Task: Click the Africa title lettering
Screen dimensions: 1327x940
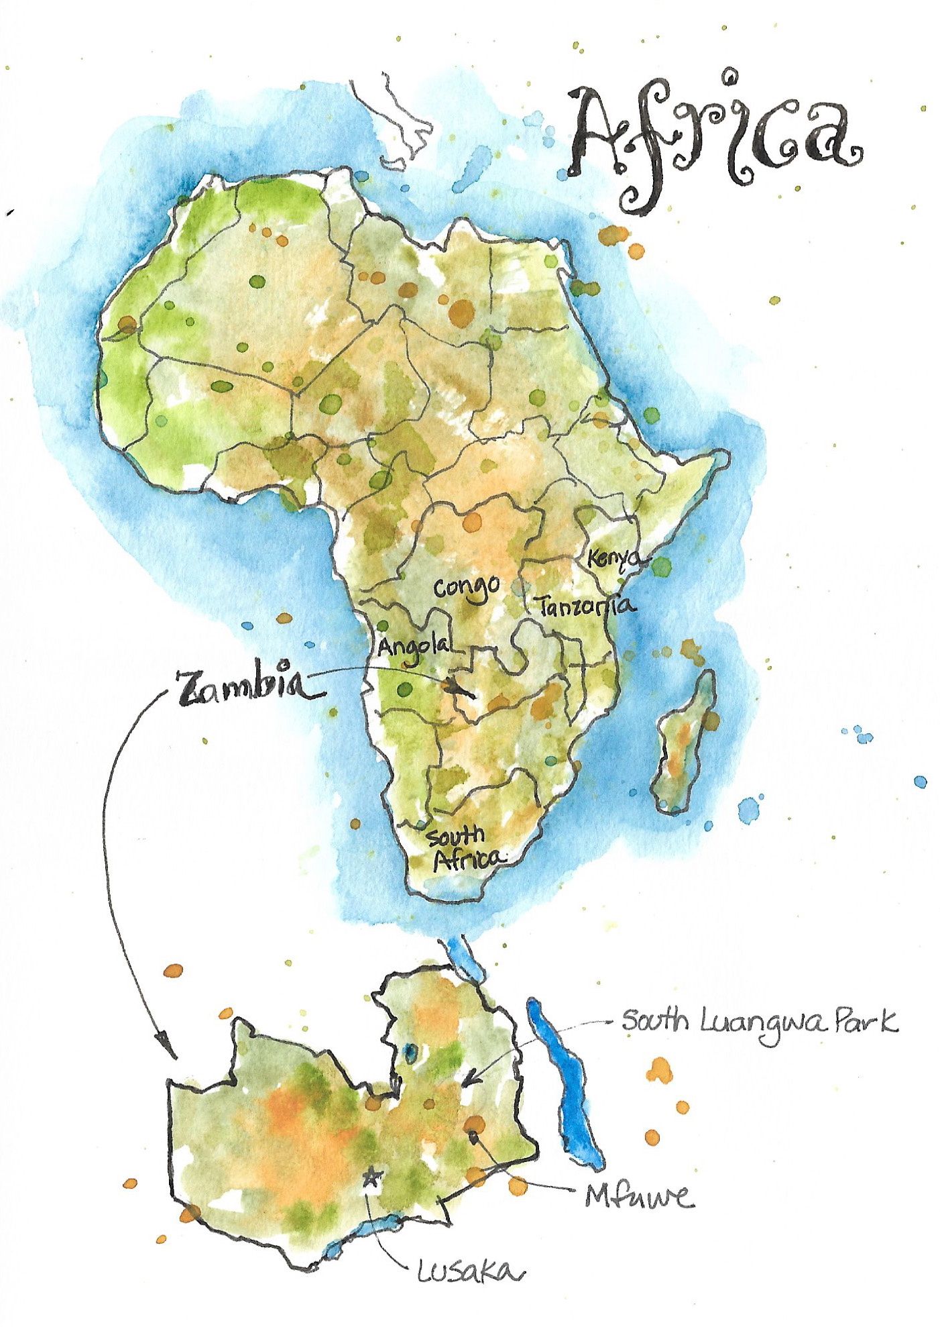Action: tap(714, 138)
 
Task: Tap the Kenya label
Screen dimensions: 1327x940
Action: tap(613, 558)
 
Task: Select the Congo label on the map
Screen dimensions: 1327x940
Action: tap(467, 588)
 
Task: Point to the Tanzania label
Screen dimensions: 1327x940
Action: tap(585, 606)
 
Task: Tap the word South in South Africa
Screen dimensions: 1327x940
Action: tap(456, 837)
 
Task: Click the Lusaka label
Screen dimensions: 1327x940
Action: tap(469, 1271)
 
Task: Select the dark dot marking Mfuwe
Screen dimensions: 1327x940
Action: tap(474, 1134)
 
